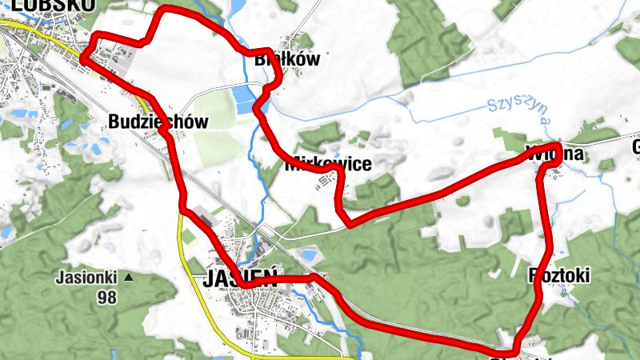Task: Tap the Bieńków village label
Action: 286,58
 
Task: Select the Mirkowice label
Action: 328,165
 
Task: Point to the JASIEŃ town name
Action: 240,279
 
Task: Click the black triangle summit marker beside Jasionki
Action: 128,278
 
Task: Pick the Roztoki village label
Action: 559,276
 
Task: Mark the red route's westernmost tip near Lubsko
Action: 83,58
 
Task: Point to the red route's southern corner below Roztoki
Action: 512,350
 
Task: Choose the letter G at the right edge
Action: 637,147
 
